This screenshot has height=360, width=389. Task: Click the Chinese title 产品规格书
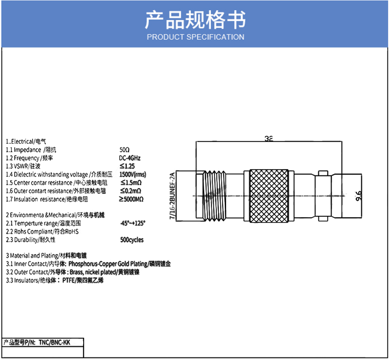(195, 20)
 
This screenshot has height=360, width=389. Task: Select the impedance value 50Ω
(124, 150)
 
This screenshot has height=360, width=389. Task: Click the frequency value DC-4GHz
(130, 158)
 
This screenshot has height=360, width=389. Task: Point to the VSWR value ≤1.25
(127, 166)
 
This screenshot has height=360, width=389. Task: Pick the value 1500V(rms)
(132, 174)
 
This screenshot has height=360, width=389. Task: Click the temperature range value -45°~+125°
(132, 223)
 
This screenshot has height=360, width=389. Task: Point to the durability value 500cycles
(132, 240)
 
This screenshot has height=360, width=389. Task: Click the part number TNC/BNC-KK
(54, 343)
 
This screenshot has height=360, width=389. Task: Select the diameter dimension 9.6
(359, 196)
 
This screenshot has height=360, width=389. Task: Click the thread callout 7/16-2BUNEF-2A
(171, 196)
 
